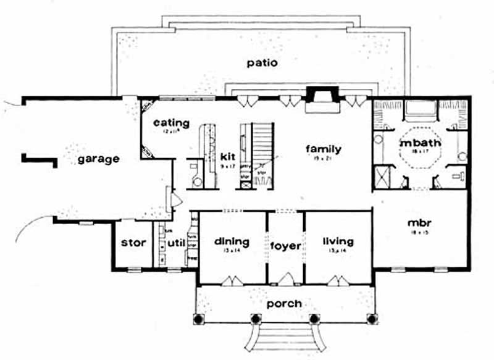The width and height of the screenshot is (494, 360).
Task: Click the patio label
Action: (261, 62)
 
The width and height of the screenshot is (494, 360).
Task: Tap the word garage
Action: (98, 159)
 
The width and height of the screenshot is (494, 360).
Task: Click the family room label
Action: (324, 149)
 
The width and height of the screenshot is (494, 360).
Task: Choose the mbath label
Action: (417, 143)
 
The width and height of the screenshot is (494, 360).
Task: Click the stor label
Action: (133, 243)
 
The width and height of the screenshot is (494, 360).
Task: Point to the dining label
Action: (232, 241)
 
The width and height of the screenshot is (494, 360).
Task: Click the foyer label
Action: (285, 246)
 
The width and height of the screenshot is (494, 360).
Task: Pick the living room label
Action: (337, 241)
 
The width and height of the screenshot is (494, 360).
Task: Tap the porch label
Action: (284, 303)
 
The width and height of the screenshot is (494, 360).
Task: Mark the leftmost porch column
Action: (199, 319)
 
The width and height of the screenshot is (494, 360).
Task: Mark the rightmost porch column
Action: (371, 319)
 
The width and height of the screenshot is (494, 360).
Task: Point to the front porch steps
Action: (285, 341)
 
